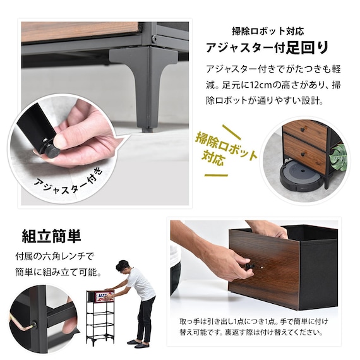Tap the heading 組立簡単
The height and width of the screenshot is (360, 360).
pos(51,236)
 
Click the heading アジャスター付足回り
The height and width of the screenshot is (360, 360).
pos(268,48)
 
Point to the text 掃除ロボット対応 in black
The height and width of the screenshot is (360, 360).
pos(268,31)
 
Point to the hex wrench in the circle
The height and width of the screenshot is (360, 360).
pos(23,323)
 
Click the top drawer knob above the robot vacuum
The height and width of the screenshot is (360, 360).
pos(303,129)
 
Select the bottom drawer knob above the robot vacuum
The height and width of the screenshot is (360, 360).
pos(304,153)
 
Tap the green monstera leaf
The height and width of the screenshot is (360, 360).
pos(338,157)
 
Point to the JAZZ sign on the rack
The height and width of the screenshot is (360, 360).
pos(105,296)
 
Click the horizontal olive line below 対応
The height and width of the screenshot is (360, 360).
pos(216,176)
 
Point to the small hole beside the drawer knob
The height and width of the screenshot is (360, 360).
pos(261,268)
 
